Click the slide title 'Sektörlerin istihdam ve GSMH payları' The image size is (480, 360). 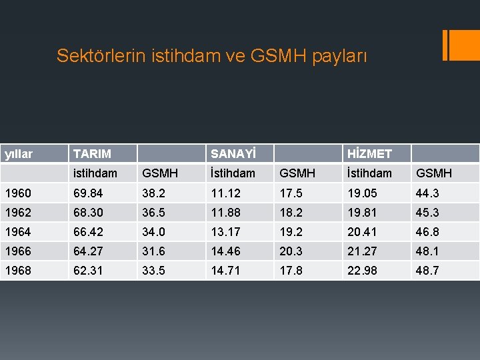[x=211, y=55]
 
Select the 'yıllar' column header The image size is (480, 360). [x=19, y=153]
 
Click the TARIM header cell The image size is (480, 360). [x=92, y=153]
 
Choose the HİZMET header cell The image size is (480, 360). [x=369, y=153]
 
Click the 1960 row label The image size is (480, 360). [x=17, y=193]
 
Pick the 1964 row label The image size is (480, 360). [x=17, y=231]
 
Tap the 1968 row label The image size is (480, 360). [x=17, y=270]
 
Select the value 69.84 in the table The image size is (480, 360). [x=89, y=193]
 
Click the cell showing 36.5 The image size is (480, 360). [x=154, y=212]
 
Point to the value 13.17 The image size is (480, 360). [x=225, y=231]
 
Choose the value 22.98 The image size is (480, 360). [x=361, y=270]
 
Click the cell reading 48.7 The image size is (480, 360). [x=428, y=270]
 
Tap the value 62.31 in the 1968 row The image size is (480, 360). [x=89, y=270]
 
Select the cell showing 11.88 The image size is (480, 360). [x=225, y=212]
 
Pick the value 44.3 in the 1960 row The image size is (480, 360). [x=428, y=193]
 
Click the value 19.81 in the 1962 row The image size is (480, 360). [x=361, y=212]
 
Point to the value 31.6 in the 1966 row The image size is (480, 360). [x=154, y=251]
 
